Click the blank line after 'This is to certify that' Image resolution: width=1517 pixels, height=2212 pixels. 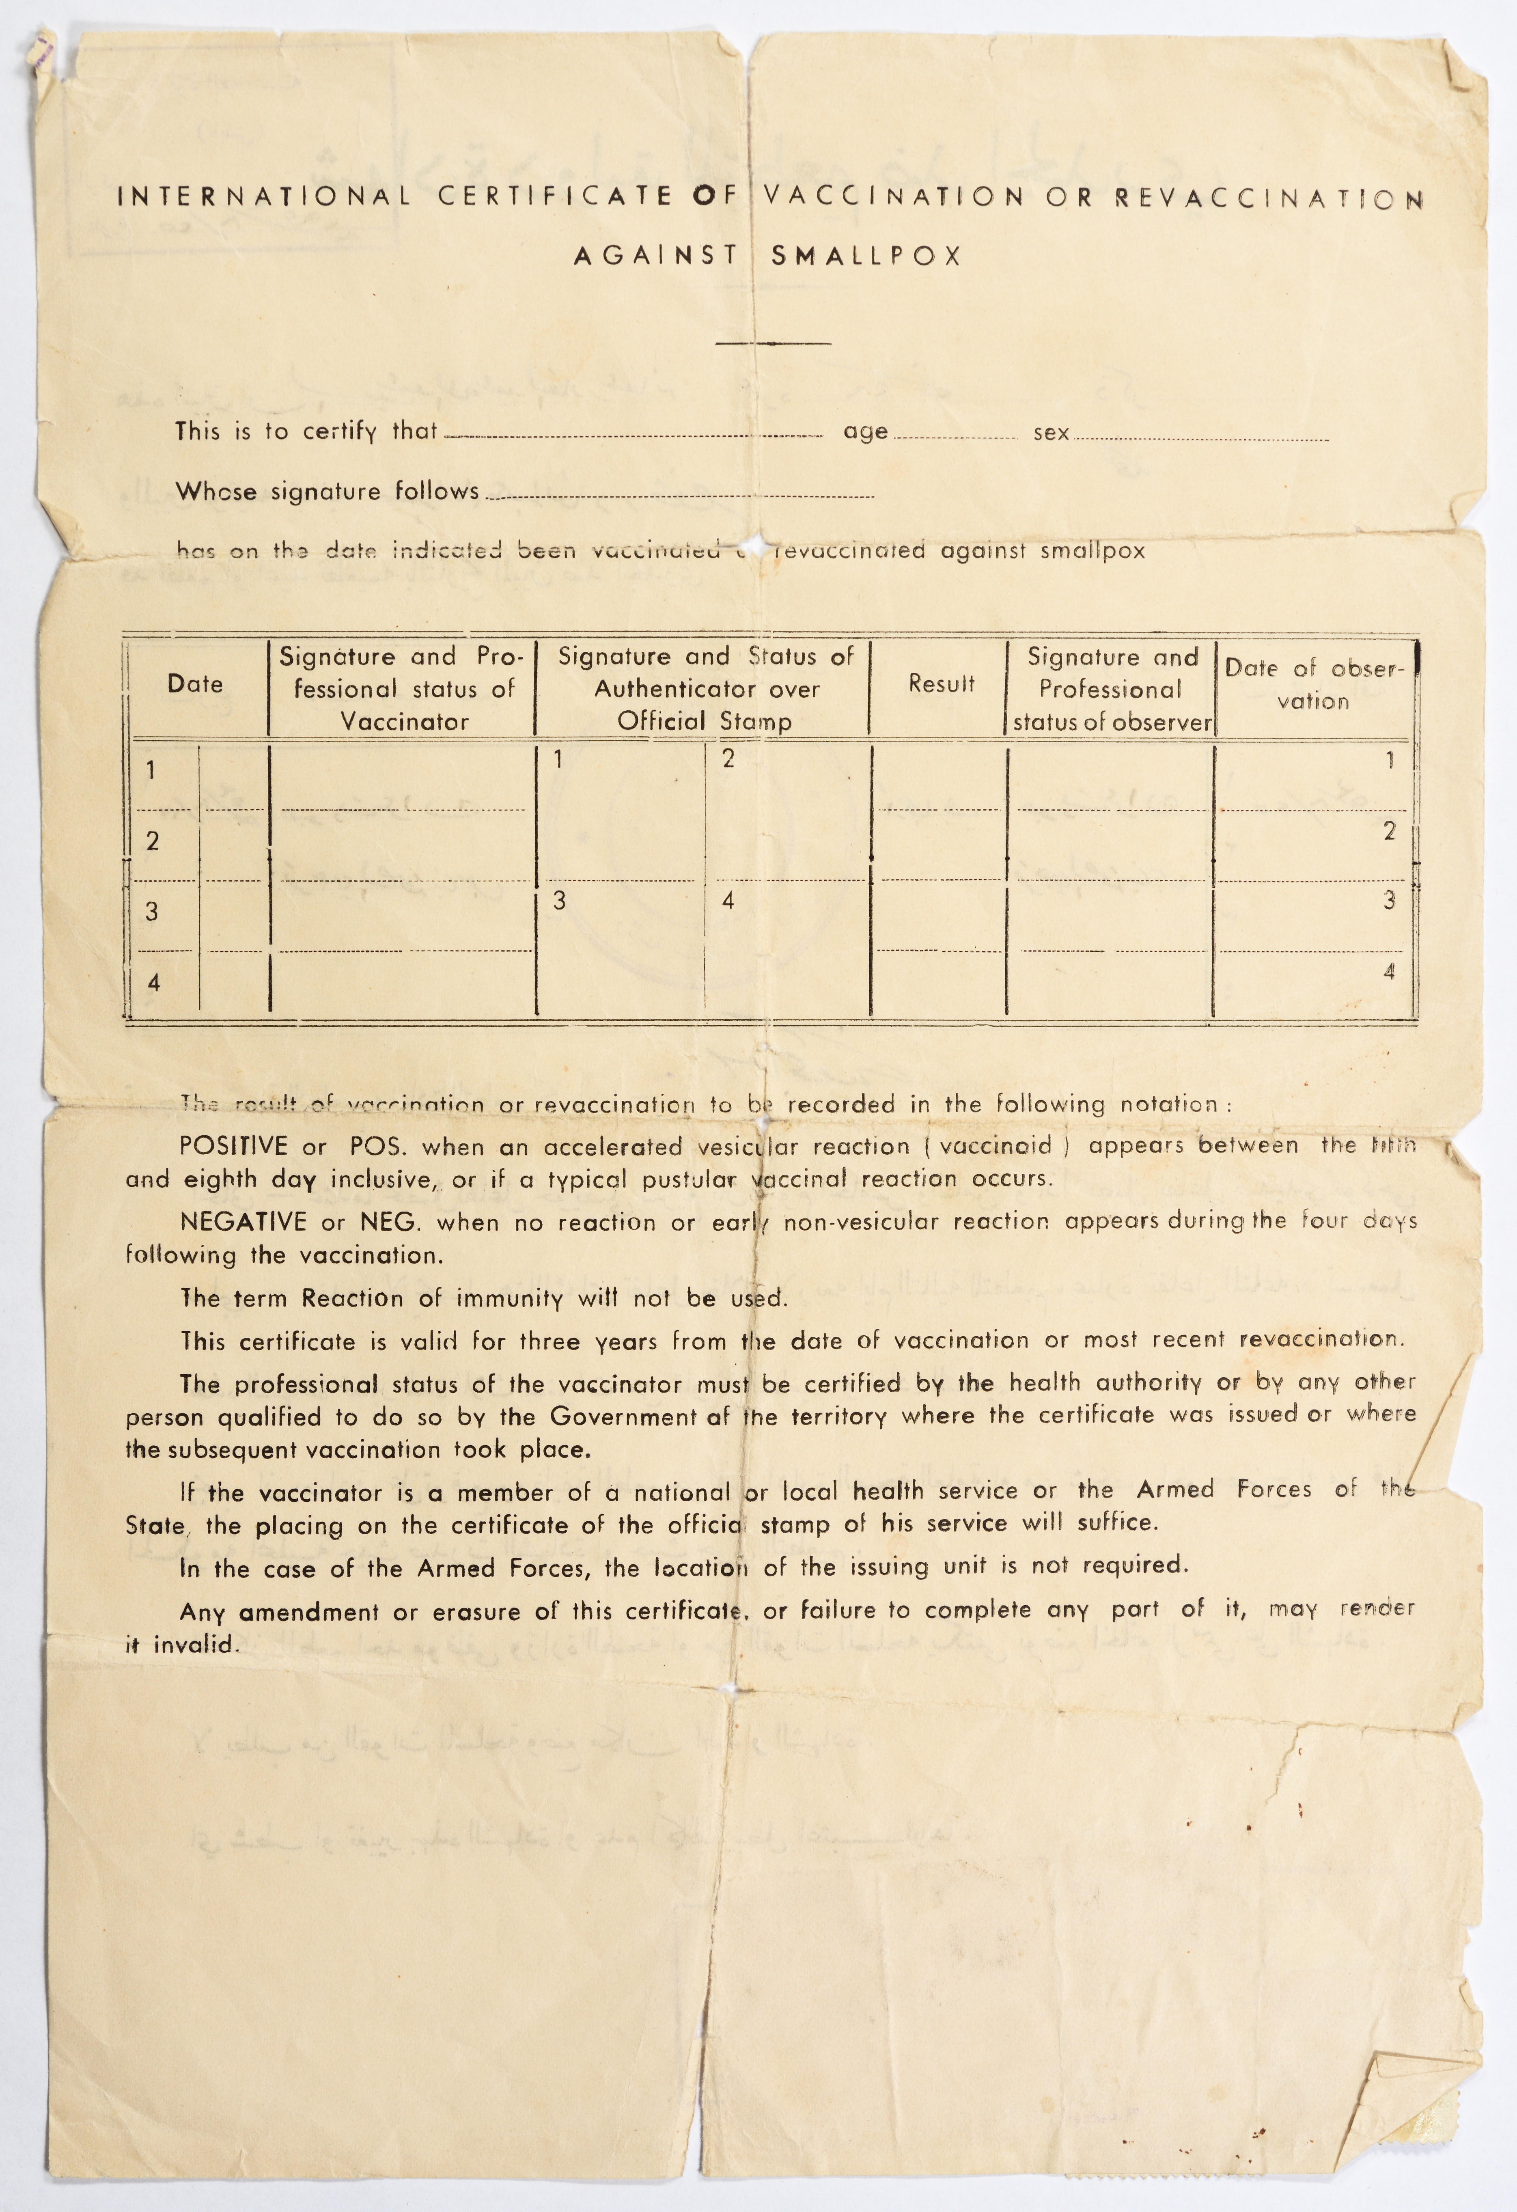[x=633, y=435]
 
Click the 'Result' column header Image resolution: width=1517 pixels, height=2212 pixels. [x=941, y=683]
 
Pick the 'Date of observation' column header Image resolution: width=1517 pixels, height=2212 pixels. [x=1313, y=684]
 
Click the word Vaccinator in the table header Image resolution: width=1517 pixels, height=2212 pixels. [x=405, y=722]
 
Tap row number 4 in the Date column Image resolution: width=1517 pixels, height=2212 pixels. [x=153, y=982]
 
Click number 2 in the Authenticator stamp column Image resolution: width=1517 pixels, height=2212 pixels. [x=728, y=759]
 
